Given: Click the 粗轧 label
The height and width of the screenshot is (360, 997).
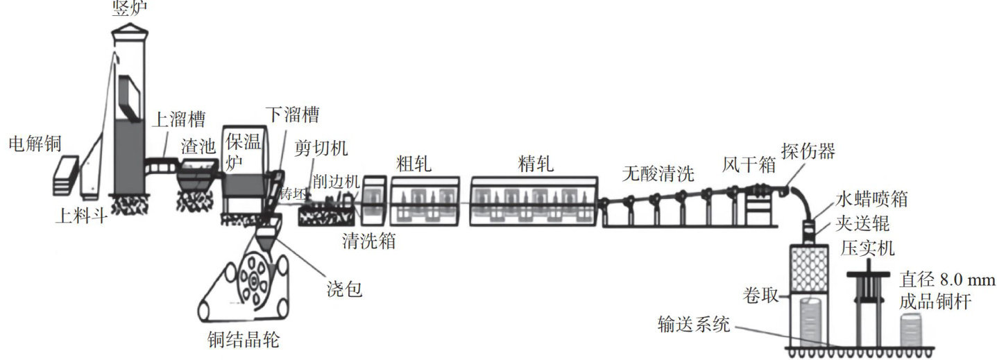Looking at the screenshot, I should point(414,164).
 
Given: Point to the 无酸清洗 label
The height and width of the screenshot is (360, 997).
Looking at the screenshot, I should point(658,173).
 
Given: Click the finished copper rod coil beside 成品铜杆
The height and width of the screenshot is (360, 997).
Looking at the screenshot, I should point(917,330).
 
